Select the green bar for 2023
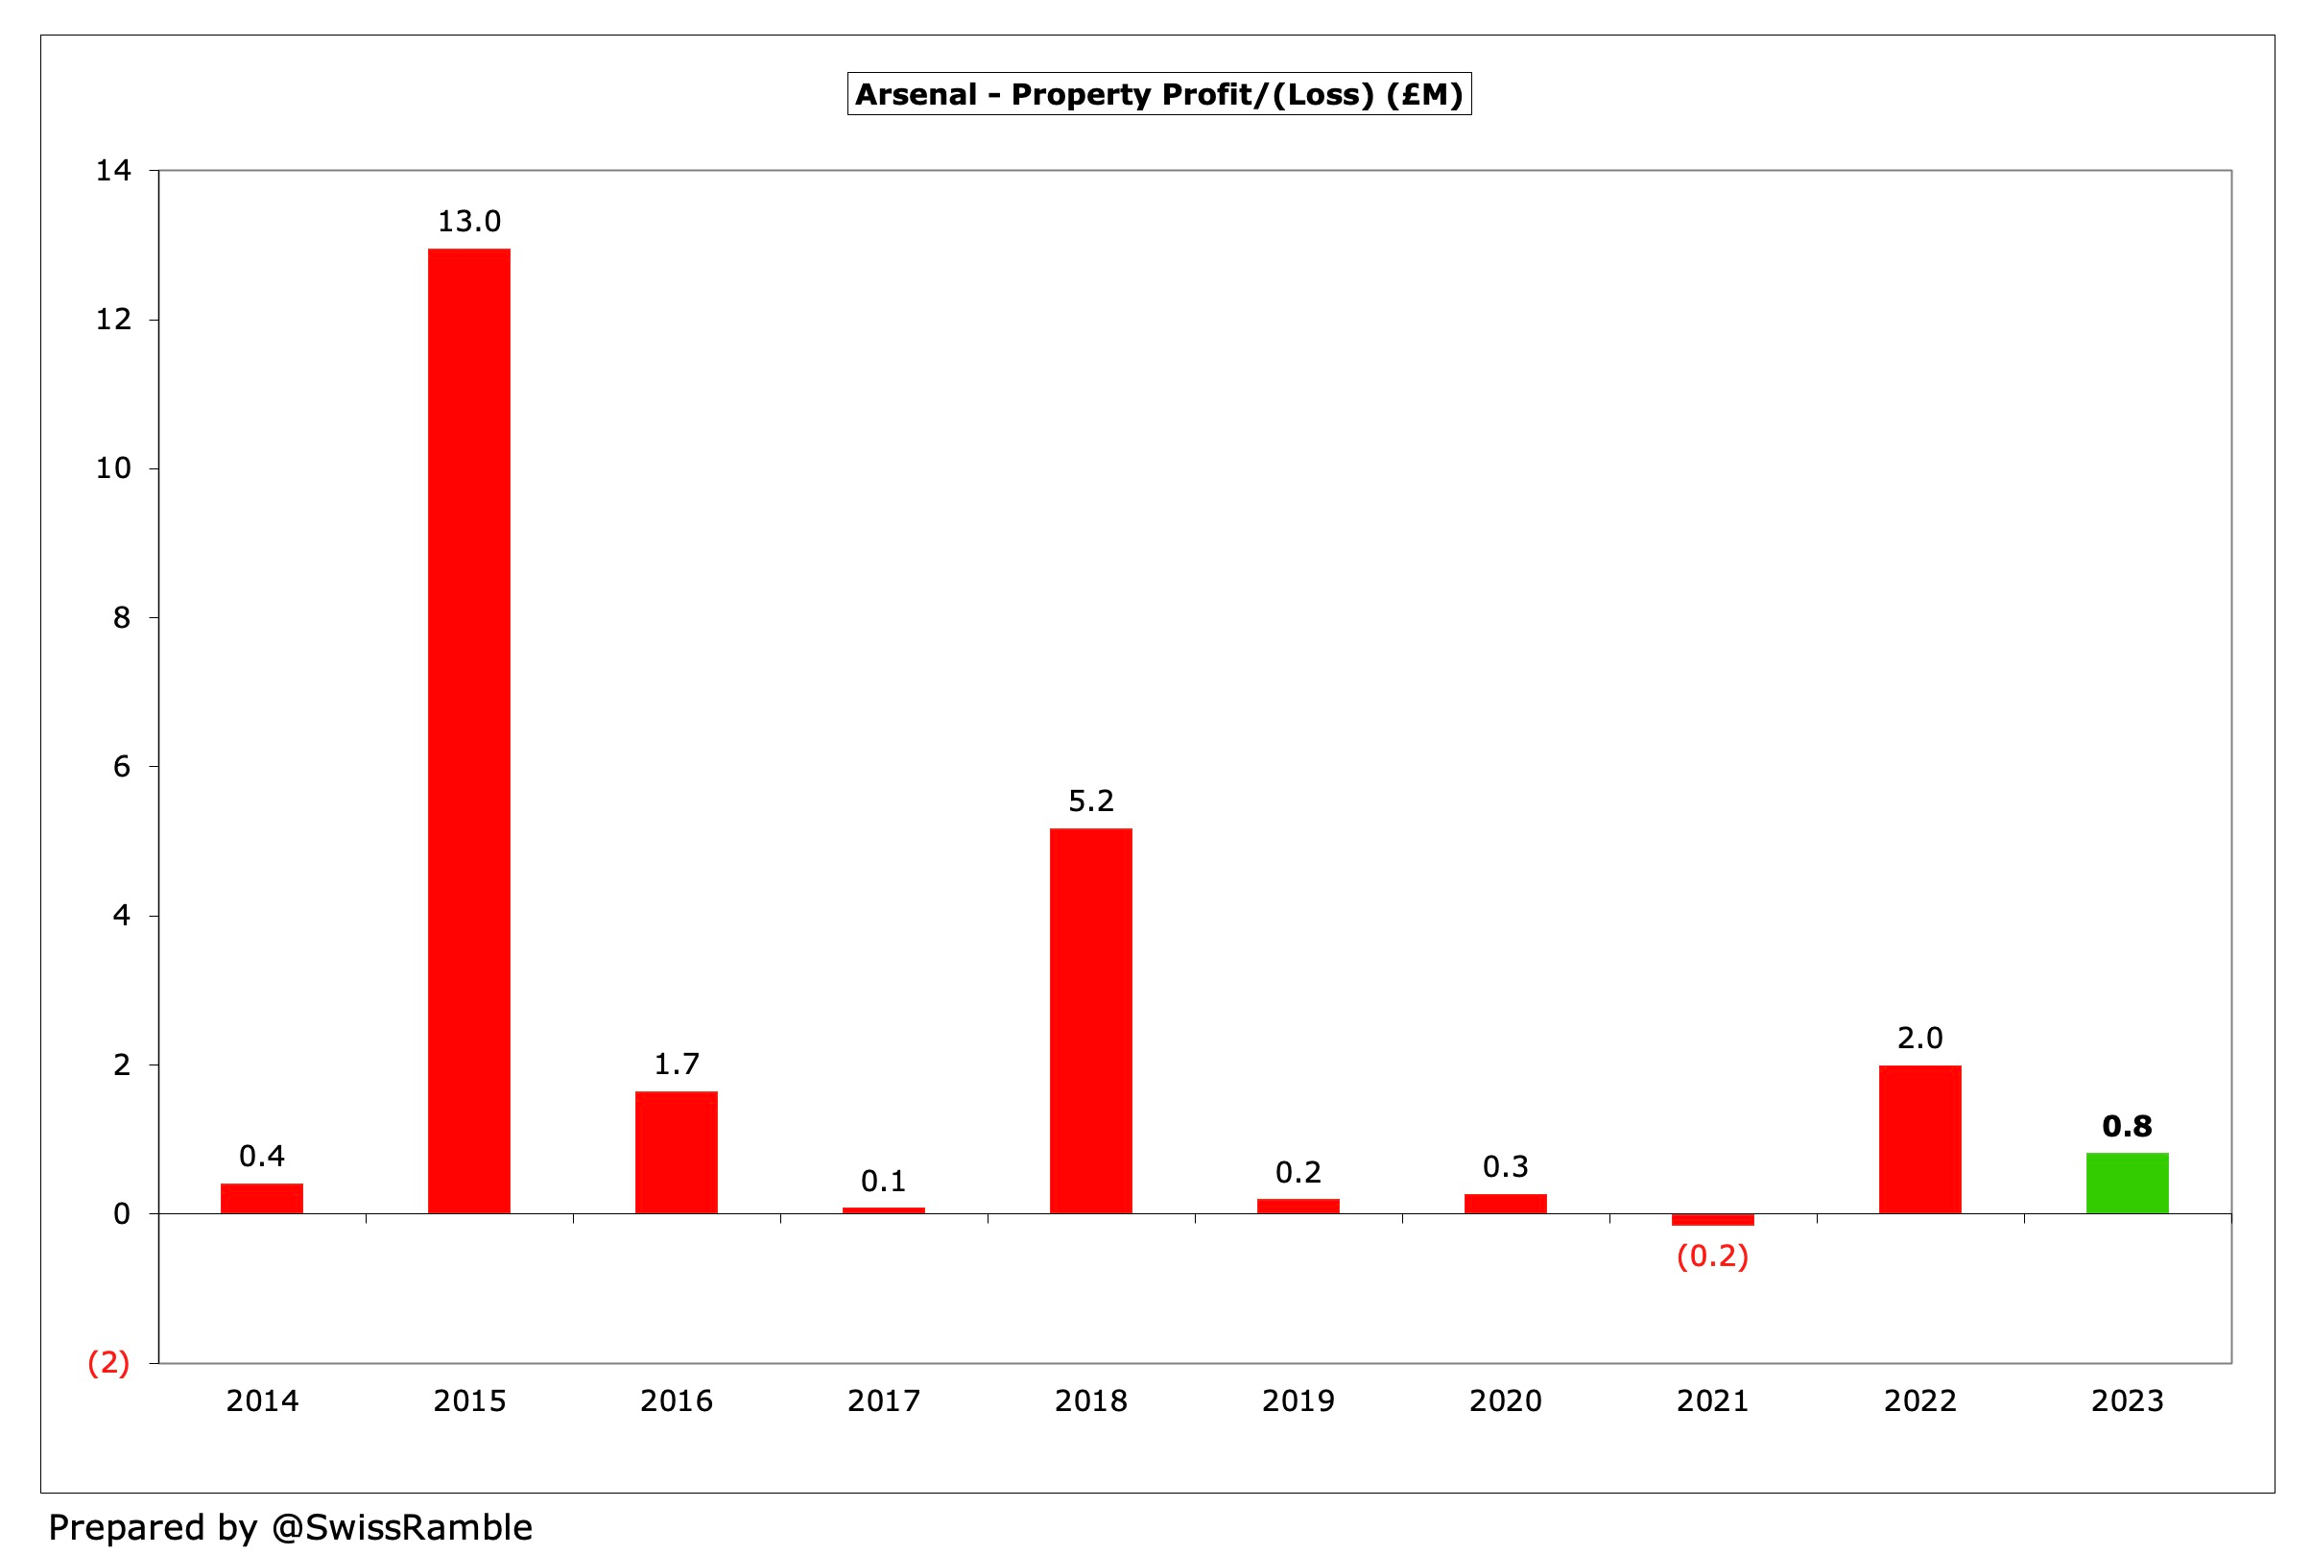click(2127, 1183)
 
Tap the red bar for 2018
click(1090, 1019)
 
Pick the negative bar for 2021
click(1712, 1220)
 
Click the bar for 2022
click(1919, 1138)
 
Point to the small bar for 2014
click(262, 1198)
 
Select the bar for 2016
click(677, 1152)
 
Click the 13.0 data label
click(469, 221)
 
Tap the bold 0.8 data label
click(2127, 1126)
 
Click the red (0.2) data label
click(1712, 1256)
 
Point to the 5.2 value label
click(1090, 801)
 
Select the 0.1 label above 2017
click(883, 1181)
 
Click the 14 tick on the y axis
click(113, 171)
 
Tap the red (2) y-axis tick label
click(109, 1363)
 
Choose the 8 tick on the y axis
click(121, 618)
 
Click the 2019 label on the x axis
click(1298, 1400)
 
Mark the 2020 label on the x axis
click(1505, 1400)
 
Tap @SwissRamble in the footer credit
click(401, 1527)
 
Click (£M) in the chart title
click(1424, 94)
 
